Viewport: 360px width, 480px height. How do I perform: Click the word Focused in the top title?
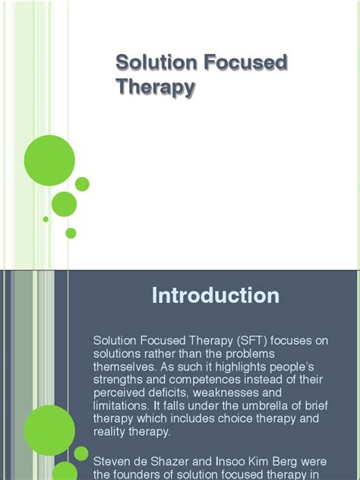click(x=246, y=62)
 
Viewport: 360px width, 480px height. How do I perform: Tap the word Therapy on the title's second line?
click(x=156, y=87)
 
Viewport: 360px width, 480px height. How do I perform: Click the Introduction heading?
click(x=216, y=295)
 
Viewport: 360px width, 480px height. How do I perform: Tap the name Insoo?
click(x=229, y=461)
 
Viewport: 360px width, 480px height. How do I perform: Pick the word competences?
click(x=205, y=380)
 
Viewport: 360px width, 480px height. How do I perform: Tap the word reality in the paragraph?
click(x=109, y=431)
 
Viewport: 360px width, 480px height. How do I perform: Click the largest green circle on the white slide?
click(x=49, y=160)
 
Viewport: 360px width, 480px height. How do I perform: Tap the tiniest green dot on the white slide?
click(x=46, y=219)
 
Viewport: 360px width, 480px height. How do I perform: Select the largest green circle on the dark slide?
click(x=49, y=431)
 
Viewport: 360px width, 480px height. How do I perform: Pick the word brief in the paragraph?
click(x=316, y=406)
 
